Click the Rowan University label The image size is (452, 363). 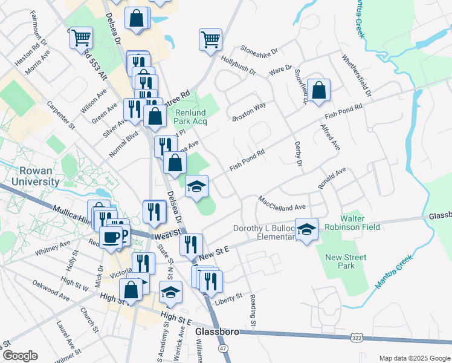30,176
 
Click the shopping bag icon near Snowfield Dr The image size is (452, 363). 318,90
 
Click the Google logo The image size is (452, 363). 20,356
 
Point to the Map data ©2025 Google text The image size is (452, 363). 414,358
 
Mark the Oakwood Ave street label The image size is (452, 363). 51,290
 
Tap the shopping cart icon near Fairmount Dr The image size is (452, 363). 80,38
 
